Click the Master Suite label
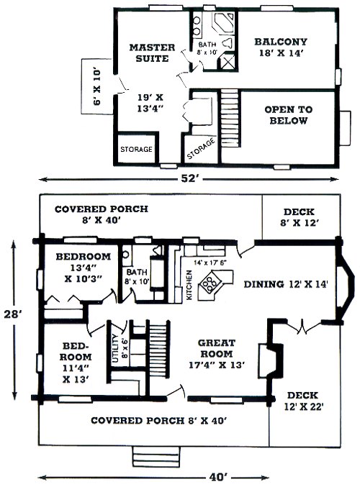153,53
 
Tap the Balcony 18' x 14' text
281,47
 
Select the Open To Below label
288,115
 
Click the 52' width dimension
189,178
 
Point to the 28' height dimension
12,314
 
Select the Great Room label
216,354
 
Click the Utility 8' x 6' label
120,348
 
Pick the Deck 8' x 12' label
299,217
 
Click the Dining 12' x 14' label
285,284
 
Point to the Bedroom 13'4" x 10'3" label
83,268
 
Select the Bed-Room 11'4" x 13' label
77,363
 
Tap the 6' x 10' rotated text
97,87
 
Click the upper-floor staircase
230,118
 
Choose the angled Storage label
201,148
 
